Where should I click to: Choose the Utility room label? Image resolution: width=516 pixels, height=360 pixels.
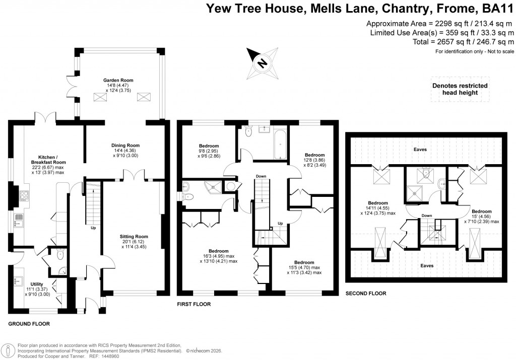(36, 284)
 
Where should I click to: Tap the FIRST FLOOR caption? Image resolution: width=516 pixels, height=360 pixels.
(194, 304)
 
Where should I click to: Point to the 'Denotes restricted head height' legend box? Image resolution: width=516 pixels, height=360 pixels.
(460, 89)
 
